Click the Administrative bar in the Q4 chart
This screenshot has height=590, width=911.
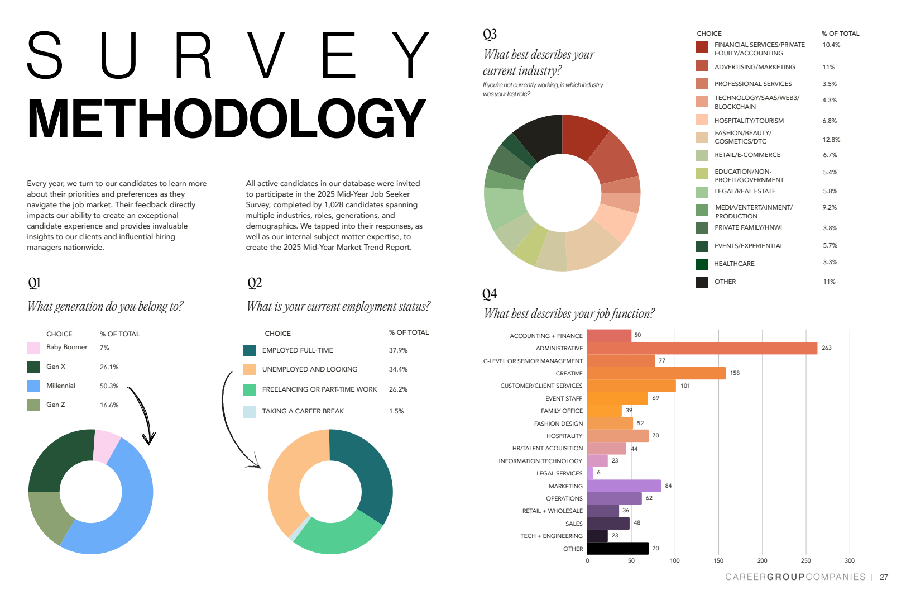click(702, 348)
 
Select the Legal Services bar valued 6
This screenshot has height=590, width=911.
click(590, 473)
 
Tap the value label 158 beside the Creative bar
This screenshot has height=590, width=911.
click(735, 373)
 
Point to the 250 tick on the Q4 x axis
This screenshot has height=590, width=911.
click(805, 560)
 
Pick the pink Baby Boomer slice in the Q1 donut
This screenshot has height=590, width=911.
click(106, 446)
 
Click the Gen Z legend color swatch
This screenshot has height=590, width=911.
click(33, 405)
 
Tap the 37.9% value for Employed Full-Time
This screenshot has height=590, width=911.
click(398, 350)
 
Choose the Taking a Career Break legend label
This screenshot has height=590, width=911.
click(303, 411)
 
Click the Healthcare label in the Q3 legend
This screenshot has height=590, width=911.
click(734, 264)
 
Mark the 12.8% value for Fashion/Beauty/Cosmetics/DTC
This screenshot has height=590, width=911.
click(831, 140)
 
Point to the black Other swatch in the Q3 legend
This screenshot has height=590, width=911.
click(702, 282)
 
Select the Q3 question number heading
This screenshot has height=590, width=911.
click(490, 34)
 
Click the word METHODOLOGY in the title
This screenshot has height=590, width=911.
click(226, 118)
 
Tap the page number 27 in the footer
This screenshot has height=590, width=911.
click(884, 577)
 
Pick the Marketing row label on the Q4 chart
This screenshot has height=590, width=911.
click(565, 486)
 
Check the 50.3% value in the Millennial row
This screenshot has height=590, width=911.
click(109, 386)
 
